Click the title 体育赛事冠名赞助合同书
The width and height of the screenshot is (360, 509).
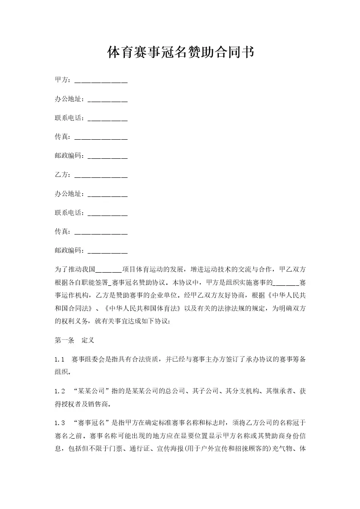[180, 53]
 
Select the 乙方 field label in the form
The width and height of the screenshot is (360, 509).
[61, 174]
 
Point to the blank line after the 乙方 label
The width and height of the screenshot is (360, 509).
[100, 175]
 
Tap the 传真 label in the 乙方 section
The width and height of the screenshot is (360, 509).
[61, 231]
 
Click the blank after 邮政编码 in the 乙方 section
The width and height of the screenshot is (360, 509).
[107, 251]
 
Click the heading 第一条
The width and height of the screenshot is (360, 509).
[64, 340]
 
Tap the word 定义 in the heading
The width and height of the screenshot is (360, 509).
[88, 340]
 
